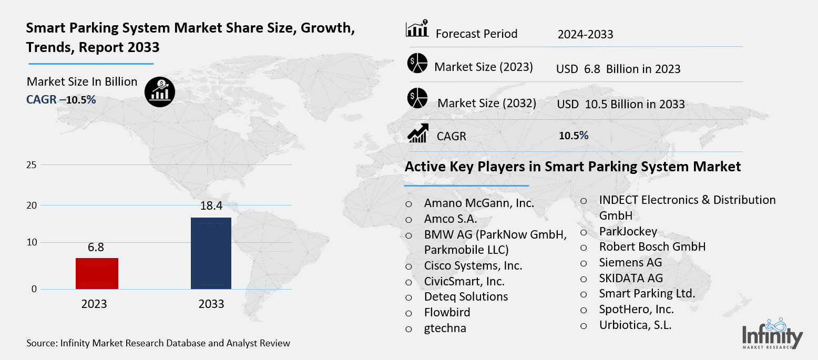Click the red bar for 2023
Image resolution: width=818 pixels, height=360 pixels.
point(97,273)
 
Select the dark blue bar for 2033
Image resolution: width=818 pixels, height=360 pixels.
point(211,253)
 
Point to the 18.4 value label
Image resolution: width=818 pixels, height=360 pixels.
point(211,206)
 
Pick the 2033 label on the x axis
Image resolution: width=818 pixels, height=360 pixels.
point(211,304)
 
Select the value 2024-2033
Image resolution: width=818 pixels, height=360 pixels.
point(585,35)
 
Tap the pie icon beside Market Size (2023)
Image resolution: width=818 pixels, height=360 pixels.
point(417,64)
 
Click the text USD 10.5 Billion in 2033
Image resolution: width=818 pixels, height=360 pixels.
point(620,104)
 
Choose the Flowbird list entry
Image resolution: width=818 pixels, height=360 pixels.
point(447,312)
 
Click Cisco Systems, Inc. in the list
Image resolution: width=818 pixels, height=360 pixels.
point(473,265)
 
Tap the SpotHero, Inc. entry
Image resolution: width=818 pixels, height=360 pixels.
point(636,309)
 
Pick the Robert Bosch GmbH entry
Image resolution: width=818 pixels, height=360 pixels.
point(652,246)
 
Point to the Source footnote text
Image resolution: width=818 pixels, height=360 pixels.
point(158,343)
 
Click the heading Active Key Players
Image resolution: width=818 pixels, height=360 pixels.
point(572,167)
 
